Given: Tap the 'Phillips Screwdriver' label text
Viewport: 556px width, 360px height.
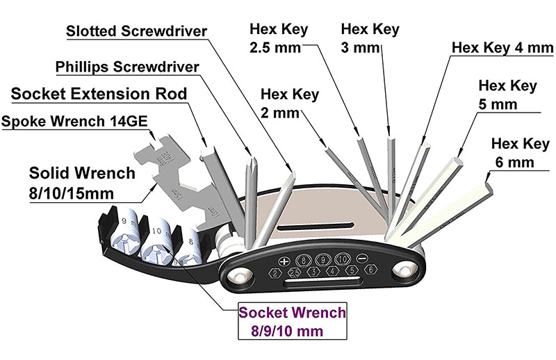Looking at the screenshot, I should coord(126,67).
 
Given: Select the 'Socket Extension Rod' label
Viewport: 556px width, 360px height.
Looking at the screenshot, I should coord(99,93).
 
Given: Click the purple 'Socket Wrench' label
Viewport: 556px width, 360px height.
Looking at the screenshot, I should coord(291,313).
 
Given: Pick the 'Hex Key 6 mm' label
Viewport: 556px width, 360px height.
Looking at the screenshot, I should coord(520,153).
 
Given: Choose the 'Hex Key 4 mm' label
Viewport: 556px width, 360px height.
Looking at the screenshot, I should coord(501,48).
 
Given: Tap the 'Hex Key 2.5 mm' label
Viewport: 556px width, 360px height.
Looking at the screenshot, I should coord(278,39).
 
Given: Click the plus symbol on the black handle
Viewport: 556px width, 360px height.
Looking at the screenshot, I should coord(284,261).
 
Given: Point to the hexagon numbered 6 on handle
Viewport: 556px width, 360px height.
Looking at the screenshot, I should coord(371,270).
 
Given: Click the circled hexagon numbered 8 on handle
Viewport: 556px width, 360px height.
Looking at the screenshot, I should coord(302,259).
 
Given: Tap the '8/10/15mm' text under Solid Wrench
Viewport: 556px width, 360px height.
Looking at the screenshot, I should coord(72,192).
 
